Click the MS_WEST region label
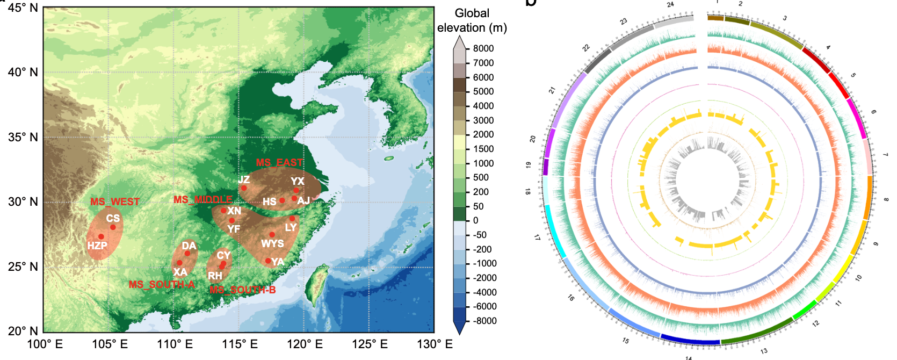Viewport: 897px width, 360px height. (x=114, y=202)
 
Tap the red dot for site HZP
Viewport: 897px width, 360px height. (x=101, y=236)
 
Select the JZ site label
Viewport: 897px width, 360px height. (x=244, y=180)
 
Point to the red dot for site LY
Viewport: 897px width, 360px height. (x=292, y=219)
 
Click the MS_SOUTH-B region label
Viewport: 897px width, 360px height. (x=243, y=290)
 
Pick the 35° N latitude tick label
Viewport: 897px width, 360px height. (x=23, y=138)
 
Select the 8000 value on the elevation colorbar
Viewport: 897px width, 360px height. (x=483, y=48)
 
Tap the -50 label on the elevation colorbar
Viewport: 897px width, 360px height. (x=480, y=235)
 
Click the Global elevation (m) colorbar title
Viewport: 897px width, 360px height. (x=472, y=20)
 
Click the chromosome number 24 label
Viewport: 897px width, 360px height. (x=670, y=5)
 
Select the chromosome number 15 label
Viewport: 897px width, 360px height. (x=626, y=341)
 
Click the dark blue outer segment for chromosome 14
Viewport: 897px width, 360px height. (x=690, y=340)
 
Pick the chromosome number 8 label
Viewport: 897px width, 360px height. (x=886, y=199)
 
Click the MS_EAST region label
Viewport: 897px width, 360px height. (x=279, y=163)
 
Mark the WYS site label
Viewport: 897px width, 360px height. (x=272, y=244)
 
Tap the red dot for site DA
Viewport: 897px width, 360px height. (x=187, y=253)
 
